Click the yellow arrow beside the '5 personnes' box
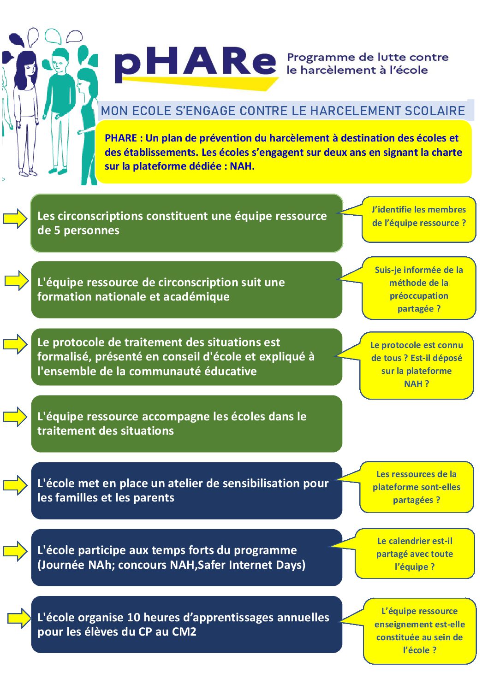[x=15, y=218]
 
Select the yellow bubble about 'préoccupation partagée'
[x=419, y=289]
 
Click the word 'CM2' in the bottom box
[x=184, y=632]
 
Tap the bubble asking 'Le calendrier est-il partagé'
[x=415, y=554]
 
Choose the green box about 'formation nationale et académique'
[x=186, y=289]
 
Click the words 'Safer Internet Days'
[x=251, y=565]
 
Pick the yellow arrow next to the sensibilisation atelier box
[x=15, y=485]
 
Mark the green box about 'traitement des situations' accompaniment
[x=186, y=424]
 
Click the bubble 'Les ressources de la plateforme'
[x=417, y=487]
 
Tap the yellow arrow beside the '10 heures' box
[x=18, y=618]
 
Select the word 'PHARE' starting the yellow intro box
[x=121, y=138]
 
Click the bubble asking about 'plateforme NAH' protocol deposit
[x=417, y=366]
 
